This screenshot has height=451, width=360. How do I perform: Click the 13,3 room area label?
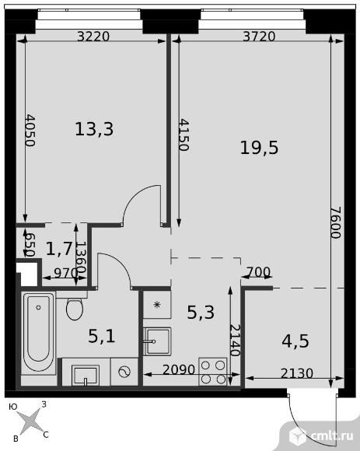(x=94, y=129)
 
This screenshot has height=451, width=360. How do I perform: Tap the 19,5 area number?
(x=260, y=148)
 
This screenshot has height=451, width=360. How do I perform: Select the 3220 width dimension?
(x=94, y=37)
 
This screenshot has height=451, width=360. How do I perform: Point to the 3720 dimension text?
(x=259, y=37)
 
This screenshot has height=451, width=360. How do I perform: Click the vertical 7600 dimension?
(x=336, y=222)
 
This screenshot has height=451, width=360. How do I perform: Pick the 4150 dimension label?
(x=183, y=135)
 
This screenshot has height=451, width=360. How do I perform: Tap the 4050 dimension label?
(x=30, y=131)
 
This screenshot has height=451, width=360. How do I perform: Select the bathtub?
(x=38, y=333)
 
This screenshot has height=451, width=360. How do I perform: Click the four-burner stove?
(x=213, y=372)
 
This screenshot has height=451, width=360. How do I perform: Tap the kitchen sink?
(x=157, y=341)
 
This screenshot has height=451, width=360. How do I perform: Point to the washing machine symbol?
(x=124, y=372)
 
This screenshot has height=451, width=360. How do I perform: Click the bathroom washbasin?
(x=86, y=375)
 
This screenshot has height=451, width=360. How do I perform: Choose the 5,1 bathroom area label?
(x=102, y=336)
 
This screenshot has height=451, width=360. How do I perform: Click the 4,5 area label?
(x=295, y=341)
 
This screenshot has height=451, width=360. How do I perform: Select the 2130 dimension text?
(x=297, y=373)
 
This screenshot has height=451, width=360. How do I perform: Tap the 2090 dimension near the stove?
(x=179, y=369)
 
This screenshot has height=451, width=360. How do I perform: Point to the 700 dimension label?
(x=258, y=272)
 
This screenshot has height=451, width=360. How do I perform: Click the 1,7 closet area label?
(x=59, y=249)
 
